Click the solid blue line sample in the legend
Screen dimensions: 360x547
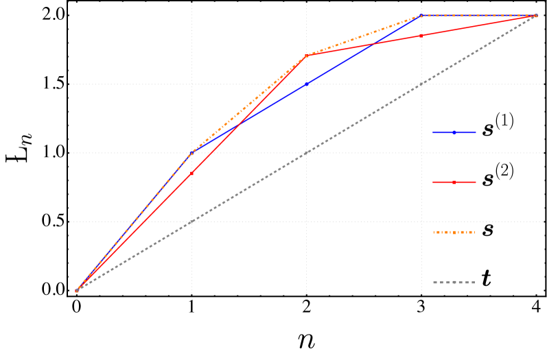click(x=454, y=132)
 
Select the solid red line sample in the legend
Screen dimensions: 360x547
click(x=454, y=182)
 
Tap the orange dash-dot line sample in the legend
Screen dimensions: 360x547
click(x=454, y=232)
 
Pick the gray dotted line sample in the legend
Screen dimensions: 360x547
click(x=454, y=282)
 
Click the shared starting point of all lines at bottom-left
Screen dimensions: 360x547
click(x=77, y=291)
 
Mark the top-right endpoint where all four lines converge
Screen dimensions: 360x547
click(x=537, y=15)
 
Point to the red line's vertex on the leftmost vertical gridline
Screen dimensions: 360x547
click(x=191, y=173)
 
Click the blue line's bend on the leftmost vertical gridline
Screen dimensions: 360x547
click(x=191, y=153)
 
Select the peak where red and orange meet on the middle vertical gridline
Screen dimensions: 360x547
click(x=306, y=56)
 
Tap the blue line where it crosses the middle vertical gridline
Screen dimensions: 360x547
click(x=306, y=84)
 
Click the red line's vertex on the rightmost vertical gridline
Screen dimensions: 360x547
click(x=421, y=36)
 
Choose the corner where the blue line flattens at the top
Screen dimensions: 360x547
click(x=421, y=15)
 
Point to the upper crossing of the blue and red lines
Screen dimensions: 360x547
click(x=373, y=45)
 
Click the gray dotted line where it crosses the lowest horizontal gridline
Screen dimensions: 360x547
click(x=191, y=221)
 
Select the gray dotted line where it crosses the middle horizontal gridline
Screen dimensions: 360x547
click(x=306, y=153)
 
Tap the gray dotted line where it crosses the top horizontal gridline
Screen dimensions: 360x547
click(x=421, y=84)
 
